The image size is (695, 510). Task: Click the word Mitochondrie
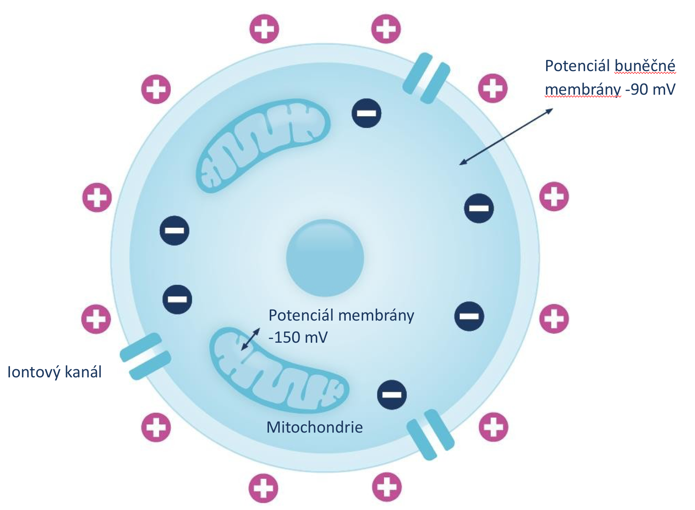[314, 427]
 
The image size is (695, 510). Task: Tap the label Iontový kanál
[55, 372]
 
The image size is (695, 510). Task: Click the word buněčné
[645, 66]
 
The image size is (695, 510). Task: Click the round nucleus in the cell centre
[325, 258]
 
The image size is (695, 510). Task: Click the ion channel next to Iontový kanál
[146, 356]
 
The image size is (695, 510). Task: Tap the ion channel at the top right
[426, 78]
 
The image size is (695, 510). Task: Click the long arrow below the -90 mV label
[506, 137]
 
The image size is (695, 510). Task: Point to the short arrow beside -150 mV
[251, 339]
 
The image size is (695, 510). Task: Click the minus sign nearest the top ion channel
[366, 113]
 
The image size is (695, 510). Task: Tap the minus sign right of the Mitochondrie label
[392, 395]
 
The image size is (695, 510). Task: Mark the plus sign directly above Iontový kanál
[96, 319]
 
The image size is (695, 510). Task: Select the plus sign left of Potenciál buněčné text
[493, 88]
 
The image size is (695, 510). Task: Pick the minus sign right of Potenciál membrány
[469, 316]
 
